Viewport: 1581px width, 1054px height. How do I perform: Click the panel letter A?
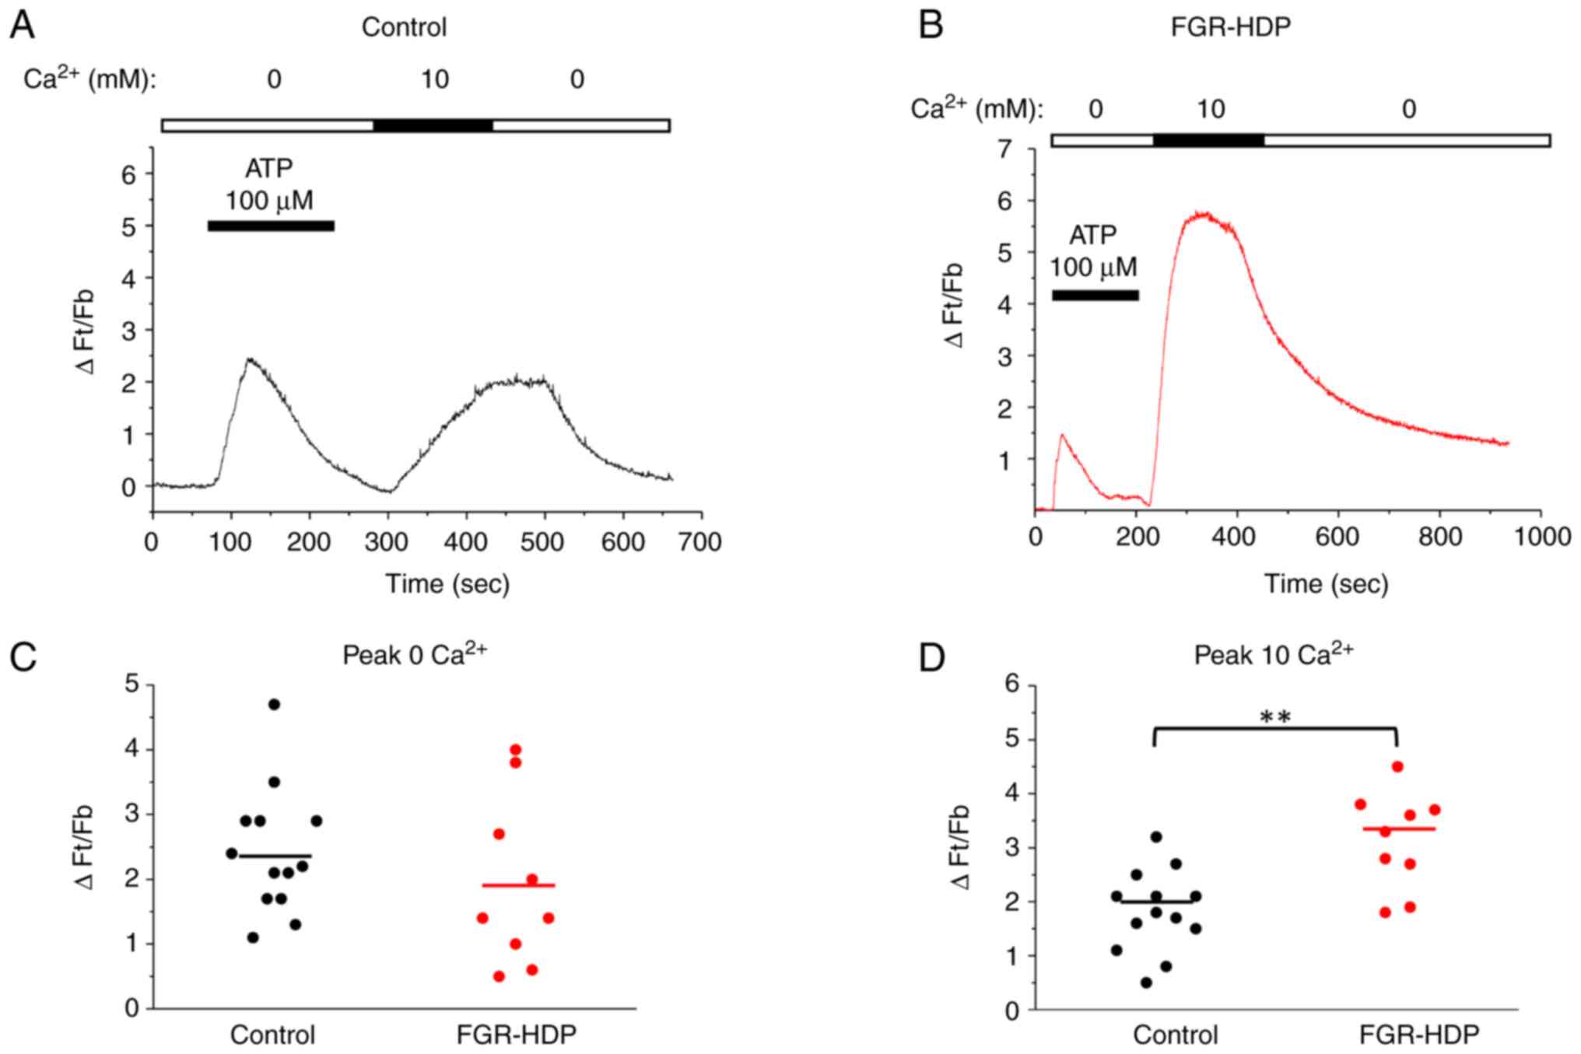(22, 26)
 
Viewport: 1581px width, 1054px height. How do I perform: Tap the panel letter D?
(932, 657)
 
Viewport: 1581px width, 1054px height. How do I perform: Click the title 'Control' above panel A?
(404, 27)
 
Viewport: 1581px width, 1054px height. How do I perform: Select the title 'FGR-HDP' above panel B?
(1230, 27)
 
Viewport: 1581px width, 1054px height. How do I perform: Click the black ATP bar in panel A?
(271, 226)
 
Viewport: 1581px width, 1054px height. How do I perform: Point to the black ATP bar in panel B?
(1095, 296)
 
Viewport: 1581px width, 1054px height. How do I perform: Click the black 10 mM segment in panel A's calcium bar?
(433, 126)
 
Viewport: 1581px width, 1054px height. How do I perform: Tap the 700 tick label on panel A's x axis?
(699, 541)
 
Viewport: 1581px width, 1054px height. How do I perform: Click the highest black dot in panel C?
(274, 704)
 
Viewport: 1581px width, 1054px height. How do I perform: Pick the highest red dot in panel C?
(515, 750)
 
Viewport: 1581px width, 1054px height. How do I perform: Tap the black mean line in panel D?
(1157, 902)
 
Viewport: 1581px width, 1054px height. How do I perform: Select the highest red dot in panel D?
(1397, 766)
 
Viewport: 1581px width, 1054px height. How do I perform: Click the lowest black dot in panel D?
(1146, 982)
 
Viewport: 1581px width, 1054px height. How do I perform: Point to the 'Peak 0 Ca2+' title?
(415, 655)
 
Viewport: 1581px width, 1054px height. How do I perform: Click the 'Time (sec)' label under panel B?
(1326, 583)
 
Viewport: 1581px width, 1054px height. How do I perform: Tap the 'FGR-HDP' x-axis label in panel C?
(517, 1035)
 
